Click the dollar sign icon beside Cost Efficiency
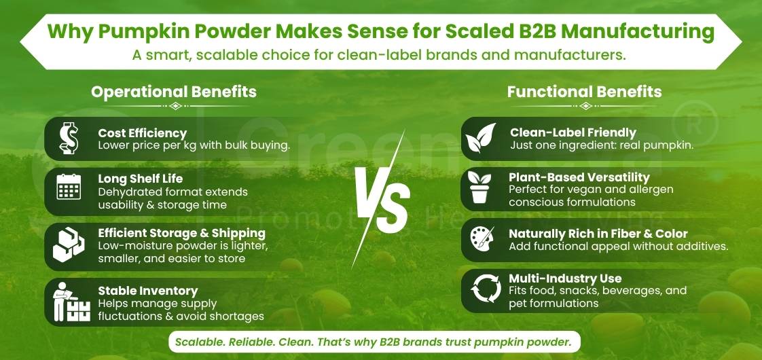tap(69, 139)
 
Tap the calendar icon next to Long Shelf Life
tap(69, 186)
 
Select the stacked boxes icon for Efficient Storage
tap(69, 242)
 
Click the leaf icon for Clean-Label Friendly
tap(481, 139)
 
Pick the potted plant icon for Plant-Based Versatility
tap(481, 187)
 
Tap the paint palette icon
tap(481, 240)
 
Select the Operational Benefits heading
tap(174, 92)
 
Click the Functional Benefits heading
tap(584, 92)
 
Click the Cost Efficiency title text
tap(142, 133)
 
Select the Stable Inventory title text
tap(148, 291)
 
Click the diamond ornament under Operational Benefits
tap(175, 106)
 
